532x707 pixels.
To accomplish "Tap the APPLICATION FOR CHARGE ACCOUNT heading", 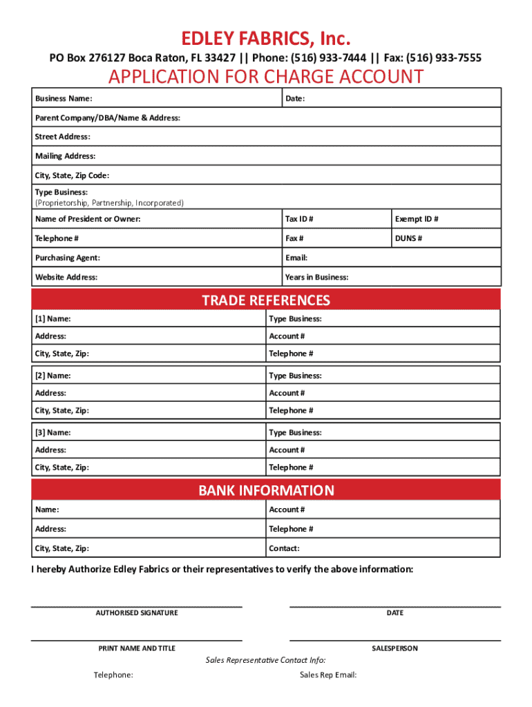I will click(265, 76).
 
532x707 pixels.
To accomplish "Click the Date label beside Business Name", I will click(295, 99).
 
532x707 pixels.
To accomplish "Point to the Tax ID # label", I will click(299, 219).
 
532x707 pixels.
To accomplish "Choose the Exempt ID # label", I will click(417, 219).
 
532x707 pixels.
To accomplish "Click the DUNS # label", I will click(408, 238).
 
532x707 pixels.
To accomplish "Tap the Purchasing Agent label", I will click(68, 258).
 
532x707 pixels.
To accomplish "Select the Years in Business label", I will click(316, 277).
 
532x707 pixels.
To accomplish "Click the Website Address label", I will click(66, 277).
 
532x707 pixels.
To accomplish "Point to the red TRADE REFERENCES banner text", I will click(265, 300).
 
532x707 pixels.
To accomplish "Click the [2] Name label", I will click(53, 376).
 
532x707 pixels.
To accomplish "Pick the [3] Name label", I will click(53, 432).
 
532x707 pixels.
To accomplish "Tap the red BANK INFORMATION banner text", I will click(266, 490).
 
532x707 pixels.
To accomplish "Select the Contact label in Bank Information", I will click(284, 548).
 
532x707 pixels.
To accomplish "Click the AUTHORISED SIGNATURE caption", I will click(137, 612).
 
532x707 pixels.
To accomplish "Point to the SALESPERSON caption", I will click(395, 648).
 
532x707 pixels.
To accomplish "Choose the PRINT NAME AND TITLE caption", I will click(137, 648).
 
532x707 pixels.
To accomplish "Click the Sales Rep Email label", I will click(328, 675).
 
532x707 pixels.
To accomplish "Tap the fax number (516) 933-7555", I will click(443, 57).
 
